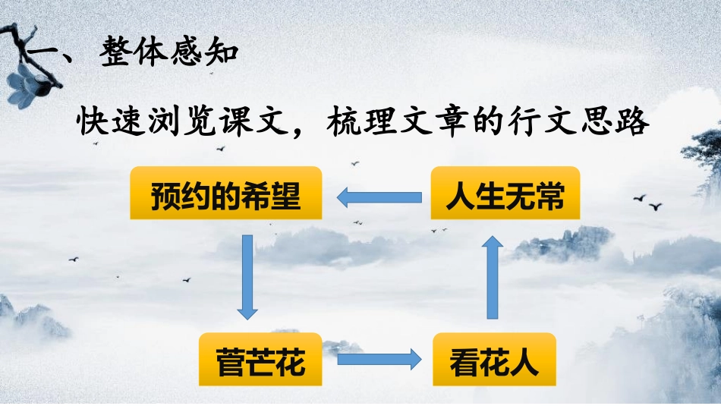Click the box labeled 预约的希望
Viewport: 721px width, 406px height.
[226, 194]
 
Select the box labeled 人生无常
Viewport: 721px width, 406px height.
[505, 194]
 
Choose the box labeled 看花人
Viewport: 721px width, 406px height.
[494, 360]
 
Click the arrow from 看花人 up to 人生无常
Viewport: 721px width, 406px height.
[493, 276]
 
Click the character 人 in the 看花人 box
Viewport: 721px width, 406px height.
[524, 360]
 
